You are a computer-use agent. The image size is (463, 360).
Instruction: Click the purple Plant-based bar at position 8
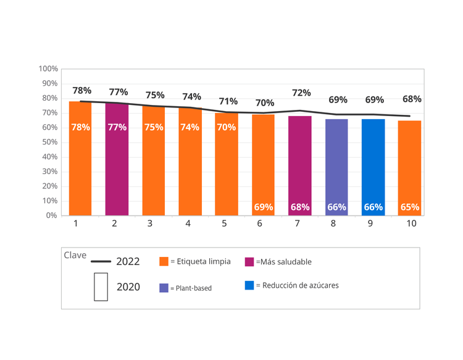(x=336, y=167)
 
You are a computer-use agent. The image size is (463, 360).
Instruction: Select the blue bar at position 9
(x=373, y=167)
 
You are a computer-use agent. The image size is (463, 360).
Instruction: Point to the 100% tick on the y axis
(x=49, y=69)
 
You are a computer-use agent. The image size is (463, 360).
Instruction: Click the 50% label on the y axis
(x=49, y=142)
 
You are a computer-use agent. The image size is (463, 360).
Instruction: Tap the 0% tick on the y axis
(x=52, y=216)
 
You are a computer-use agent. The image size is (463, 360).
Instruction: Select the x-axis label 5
(x=225, y=224)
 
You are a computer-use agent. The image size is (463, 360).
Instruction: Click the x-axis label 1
(x=76, y=224)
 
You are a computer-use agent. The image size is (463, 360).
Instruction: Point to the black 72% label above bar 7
(x=301, y=93)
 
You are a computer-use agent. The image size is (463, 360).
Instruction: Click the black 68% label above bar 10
(x=412, y=99)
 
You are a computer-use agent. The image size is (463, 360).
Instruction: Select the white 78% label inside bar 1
(x=80, y=127)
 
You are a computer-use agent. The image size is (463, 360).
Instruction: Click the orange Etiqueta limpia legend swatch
(x=164, y=262)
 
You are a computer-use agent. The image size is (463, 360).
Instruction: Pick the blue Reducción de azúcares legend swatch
(x=249, y=285)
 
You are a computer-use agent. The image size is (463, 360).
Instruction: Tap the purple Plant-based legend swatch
(x=164, y=288)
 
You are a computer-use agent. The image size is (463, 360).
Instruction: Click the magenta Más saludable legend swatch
(x=249, y=262)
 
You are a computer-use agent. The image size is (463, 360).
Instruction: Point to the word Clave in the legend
(x=75, y=255)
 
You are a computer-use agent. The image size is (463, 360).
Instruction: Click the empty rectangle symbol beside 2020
(x=101, y=287)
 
